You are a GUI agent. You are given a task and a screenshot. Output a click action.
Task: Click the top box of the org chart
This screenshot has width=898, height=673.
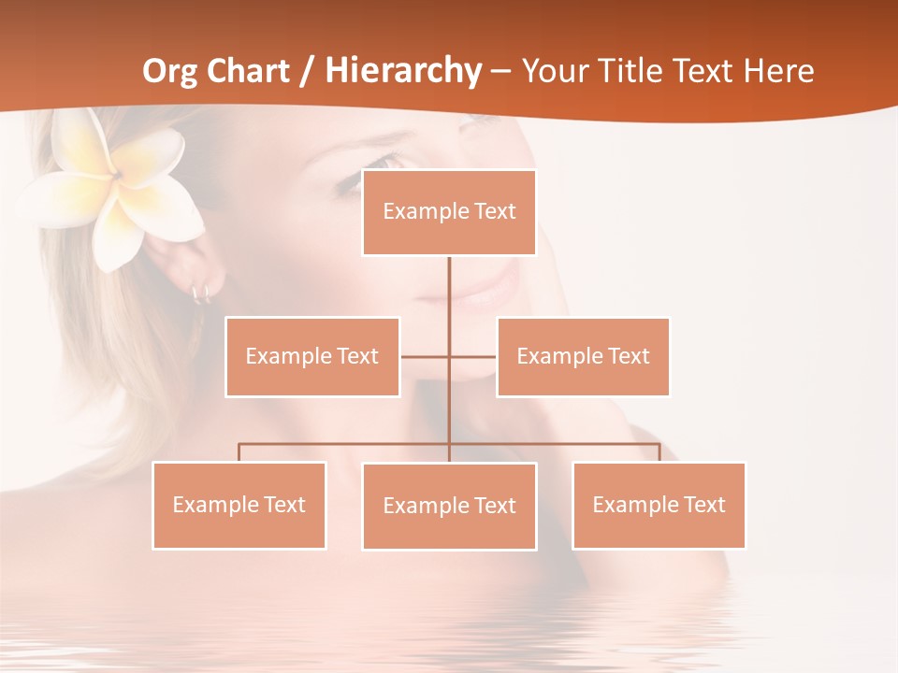(449, 212)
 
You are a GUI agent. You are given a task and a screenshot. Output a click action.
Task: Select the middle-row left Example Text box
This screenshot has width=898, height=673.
(312, 356)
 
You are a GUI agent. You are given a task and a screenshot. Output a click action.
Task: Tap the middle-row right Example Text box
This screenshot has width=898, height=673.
(583, 356)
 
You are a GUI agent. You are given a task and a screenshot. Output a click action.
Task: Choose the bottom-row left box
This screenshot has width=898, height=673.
(239, 505)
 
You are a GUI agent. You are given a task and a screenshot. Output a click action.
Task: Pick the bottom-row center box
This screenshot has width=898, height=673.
(449, 506)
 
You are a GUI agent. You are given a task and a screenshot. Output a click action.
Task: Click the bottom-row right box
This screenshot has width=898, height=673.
(659, 505)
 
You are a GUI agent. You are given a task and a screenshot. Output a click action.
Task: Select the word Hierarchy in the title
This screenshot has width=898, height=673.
(403, 72)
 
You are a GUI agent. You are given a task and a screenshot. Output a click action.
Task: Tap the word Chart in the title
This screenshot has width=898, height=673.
(248, 71)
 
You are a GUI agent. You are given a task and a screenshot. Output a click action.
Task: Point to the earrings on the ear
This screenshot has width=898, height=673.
(201, 294)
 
